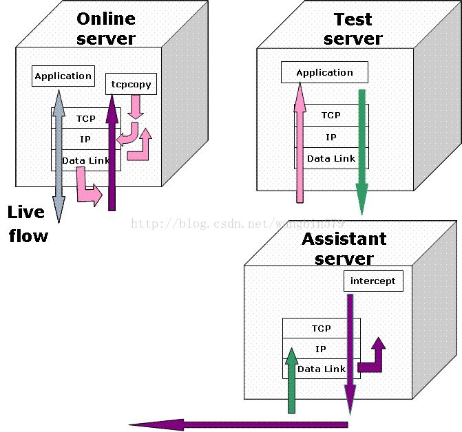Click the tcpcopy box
click(x=131, y=85)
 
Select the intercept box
click(x=372, y=281)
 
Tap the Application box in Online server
click(x=63, y=76)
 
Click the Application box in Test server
click(x=324, y=72)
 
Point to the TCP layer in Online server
click(x=86, y=118)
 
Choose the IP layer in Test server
click(x=331, y=137)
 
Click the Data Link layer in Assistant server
click(x=321, y=369)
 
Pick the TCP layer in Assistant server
click(x=321, y=328)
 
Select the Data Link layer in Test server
click(x=331, y=158)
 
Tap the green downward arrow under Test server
click(x=361, y=151)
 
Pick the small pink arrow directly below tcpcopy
click(x=136, y=105)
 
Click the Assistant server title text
click(x=344, y=248)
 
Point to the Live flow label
click(x=28, y=224)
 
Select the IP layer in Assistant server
click(x=321, y=349)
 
